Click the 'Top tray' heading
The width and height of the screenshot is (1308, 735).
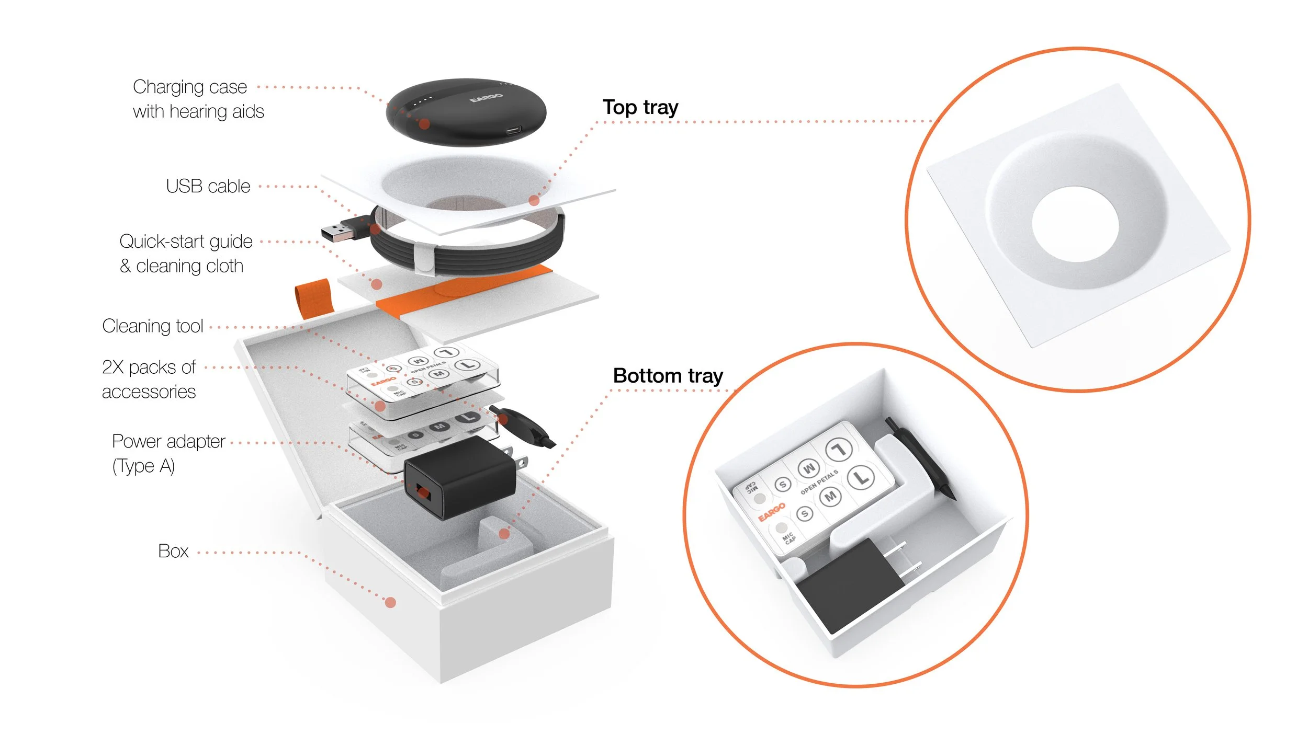640,107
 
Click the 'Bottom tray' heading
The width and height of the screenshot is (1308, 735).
668,376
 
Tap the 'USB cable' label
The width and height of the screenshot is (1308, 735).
208,186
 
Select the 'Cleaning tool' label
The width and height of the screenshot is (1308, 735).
152,326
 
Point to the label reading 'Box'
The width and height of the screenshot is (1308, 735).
173,551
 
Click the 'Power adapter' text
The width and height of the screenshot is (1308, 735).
168,441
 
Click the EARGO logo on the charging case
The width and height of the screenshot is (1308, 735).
486,98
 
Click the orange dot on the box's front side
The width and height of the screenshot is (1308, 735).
390,603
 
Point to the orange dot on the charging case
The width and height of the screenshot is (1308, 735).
425,124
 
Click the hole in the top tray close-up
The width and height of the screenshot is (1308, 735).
1075,224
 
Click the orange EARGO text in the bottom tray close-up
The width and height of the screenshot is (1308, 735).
772,511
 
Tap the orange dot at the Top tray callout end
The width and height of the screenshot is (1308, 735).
534,200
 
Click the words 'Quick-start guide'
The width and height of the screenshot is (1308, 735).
186,242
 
